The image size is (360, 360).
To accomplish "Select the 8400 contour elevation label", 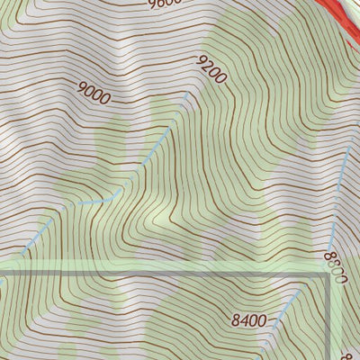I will [x=248, y=319].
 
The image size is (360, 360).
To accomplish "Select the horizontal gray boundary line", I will [x=162, y=271].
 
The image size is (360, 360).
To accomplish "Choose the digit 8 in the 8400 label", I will [x=235, y=319].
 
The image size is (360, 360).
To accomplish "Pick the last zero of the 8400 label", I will [x=262, y=319].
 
